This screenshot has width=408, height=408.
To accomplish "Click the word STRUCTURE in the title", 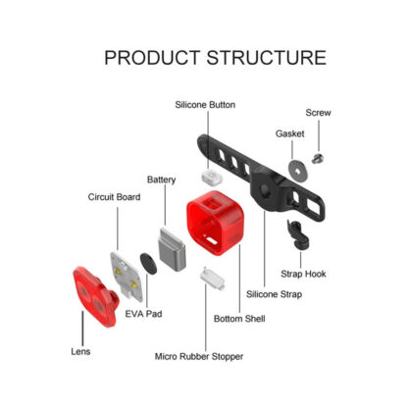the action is (x=267, y=58).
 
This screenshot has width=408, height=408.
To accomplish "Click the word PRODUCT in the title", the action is (x=152, y=58).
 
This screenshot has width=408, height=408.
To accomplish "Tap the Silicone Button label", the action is (x=205, y=105).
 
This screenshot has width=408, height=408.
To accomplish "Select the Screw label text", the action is (x=318, y=113).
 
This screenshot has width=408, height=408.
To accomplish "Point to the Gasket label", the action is (x=289, y=133).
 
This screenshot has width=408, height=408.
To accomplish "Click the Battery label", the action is (x=161, y=179).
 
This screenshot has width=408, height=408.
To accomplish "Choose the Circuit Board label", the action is (x=114, y=197).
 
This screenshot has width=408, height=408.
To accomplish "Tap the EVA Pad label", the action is (x=143, y=314).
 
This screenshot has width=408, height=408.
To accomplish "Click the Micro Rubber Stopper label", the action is (x=199, y=356).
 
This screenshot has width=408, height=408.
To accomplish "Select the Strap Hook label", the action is (x=303, y=274).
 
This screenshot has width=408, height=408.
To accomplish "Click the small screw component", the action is (x=318, y=159).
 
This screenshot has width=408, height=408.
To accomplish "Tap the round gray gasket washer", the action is (x=298, y=171).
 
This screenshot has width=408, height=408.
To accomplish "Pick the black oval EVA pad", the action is (x=148, y=263).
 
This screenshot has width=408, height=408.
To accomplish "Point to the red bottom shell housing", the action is (x=215, y=223).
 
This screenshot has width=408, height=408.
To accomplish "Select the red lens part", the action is (x=95, y=296).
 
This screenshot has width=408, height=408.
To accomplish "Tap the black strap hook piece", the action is (x=297, y=234).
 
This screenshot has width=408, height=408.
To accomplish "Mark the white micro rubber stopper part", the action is (x=213, y=279).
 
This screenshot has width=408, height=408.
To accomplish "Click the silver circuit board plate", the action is (x=127, y=277).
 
